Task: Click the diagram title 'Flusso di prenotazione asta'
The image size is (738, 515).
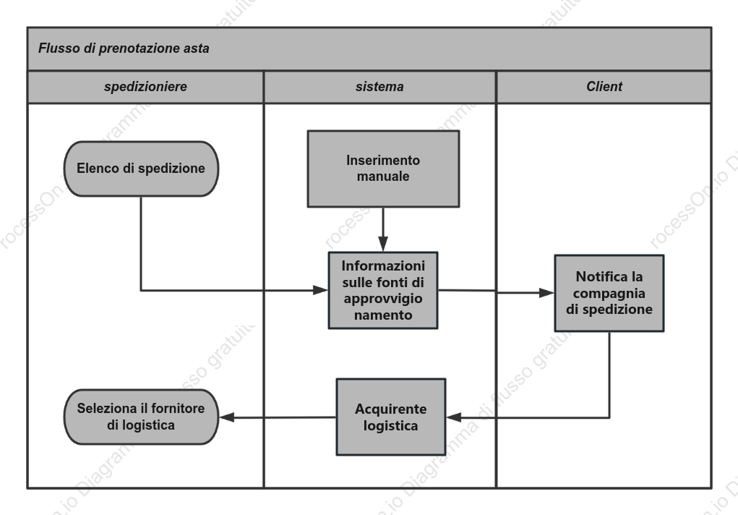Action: (x=124, y=48)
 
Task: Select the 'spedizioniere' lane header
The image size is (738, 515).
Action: (x=145, y=87)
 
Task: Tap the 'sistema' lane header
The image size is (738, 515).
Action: (x=379, y=87)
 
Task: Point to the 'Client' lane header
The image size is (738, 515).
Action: (x=604, y=87)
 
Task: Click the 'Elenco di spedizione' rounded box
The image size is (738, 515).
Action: (x=141, y=169)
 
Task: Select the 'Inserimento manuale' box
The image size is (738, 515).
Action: (x=383, y=169)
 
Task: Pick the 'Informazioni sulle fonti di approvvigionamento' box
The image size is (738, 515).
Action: (x=383, y=290)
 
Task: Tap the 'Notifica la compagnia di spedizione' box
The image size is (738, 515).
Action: (x=609, y=293)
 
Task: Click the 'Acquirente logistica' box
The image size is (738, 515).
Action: (x=390, y=417)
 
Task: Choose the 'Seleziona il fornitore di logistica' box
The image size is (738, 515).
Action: (x=141, y=417)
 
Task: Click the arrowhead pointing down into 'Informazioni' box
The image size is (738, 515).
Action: (x=383, y=244)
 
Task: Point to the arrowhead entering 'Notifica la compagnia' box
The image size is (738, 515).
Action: (x=546, y=293)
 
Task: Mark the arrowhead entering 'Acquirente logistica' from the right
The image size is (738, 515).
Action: (x=454, y=417)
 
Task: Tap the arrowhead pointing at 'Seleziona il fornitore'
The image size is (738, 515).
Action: (x=227, y=417)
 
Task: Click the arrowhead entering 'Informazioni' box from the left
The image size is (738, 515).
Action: (x=320, y=290)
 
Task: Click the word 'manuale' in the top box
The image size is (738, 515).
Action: (x=383, y=176)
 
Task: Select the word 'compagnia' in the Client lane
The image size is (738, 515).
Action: (x=609, y=293)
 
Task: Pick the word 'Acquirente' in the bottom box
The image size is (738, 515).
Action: (x=390, y=409)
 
